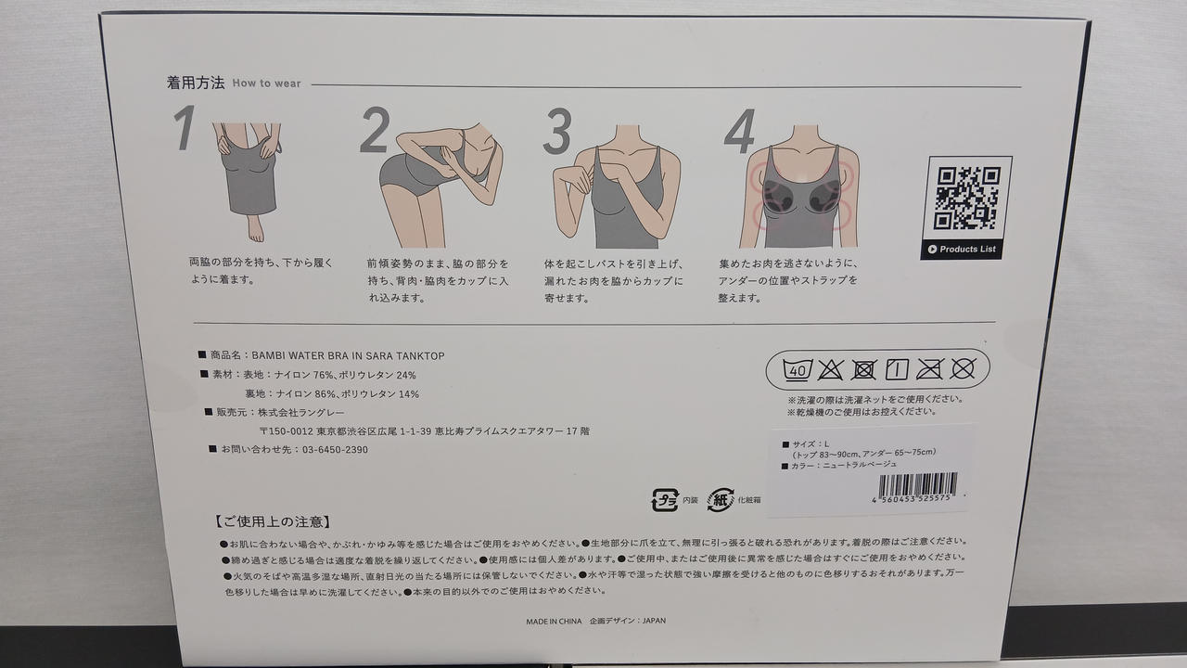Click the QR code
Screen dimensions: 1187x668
point(967,198)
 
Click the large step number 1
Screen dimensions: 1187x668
point(185,127)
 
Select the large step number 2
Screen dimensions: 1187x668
point(375,130)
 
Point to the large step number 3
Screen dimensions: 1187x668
point(557,131)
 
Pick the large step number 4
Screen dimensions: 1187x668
point(739,132)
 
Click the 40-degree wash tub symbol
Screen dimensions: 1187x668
point(798,369)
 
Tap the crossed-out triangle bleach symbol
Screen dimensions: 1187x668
point(830,369)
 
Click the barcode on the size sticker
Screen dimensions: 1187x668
point(917,484)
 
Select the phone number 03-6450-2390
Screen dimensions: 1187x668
point(335,450)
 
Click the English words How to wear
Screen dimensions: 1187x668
point(266,83)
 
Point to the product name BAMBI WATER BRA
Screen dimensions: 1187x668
point(301,355)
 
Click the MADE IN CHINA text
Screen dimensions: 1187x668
point(554,622)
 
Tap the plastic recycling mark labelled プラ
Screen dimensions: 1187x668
point(665,500)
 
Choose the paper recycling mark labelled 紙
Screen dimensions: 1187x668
point(721,500)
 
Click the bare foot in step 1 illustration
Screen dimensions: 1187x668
point(255,229)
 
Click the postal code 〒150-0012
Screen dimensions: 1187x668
point(287,431)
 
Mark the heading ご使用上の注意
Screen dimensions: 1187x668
point(273,522)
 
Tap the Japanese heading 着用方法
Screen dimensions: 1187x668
point(196,83)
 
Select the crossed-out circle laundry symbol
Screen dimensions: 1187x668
point(963,368)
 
